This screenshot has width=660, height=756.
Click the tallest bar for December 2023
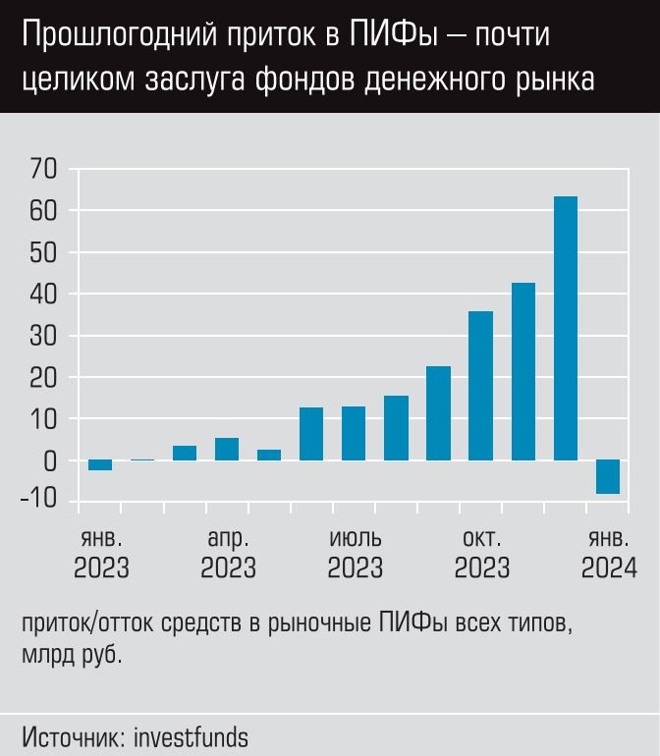[566, 328]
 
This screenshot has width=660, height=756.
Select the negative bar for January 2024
[608, 476]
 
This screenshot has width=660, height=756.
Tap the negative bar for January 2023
[100, 464]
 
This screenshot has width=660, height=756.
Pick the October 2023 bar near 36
[480, 386]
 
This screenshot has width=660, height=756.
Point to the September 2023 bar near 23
[438, 413]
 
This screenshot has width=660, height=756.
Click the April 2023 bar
[227, 449]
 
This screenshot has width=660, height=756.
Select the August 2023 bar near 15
[396, 428]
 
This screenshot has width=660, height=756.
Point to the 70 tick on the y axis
[43, 170]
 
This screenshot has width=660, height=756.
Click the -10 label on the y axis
[38, 503]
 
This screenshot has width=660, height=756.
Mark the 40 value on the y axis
[43, 295]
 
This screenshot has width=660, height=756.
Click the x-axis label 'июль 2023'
[355, 554]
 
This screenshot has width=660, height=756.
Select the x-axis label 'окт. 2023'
[481, 554]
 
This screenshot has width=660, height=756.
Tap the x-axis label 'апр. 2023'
[228, 554]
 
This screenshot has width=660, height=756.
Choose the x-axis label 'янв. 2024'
[608, 554]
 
